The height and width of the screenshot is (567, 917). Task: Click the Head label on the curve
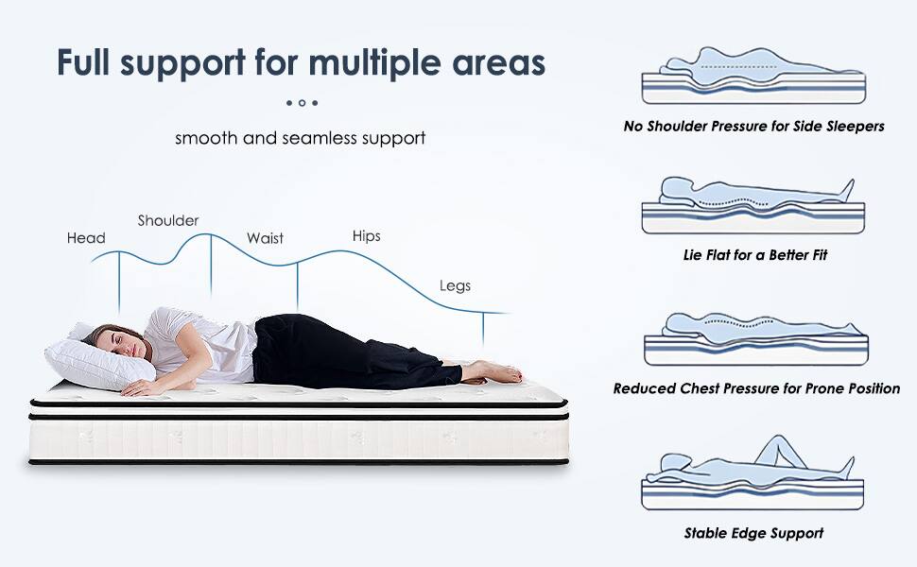(85, 238)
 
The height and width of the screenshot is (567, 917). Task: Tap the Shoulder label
(168, 220)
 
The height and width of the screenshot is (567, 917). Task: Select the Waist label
(265, 238)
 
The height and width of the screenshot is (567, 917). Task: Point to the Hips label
(366, 235)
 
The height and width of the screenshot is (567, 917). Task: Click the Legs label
(455, 285)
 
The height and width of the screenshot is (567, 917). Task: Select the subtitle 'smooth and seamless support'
(300, 138)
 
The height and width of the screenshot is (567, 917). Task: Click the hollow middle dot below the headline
(302, 102)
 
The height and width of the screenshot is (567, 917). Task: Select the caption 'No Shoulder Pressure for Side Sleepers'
(753, 126)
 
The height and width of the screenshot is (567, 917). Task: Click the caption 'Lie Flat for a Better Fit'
(753, 255)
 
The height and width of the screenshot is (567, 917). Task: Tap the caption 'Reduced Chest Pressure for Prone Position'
(756, 388)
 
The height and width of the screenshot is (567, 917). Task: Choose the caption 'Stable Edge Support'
(753, 533)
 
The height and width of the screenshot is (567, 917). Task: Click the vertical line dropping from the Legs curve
(484, 331)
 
